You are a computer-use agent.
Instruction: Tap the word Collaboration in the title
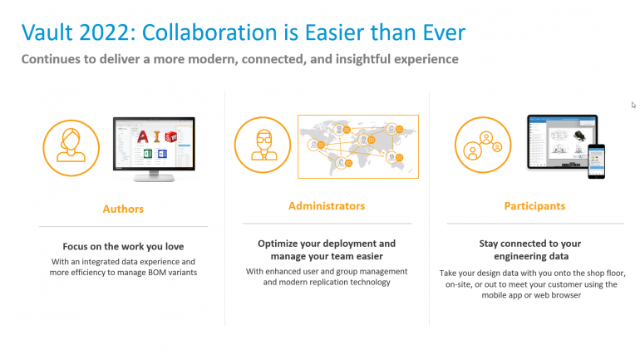click(x=209, y=32)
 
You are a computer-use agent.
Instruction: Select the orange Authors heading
click(x=123, y=209)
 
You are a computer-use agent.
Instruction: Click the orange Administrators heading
click(x=327, y=206)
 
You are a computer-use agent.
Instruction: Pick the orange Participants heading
click(x=534, y=206)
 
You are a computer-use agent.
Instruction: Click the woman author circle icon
click(x=71, y=148)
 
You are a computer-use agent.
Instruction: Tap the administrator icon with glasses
click(x=263, y=145)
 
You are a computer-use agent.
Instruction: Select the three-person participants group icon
click(x=483, y=145)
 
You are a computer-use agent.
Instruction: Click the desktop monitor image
click(x=154, y=149)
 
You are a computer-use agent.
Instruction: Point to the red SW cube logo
click(x=171, y=136)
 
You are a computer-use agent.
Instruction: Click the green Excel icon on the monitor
click(x=148, y=154)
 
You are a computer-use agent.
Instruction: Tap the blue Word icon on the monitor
click(x=162, y=154)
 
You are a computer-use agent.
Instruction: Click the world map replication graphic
click(x=358, y=146)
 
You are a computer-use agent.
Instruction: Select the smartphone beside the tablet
click(x=596, y=161)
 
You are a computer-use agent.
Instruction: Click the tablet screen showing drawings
click(x=562, y=141)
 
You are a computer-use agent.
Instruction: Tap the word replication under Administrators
click(x=329, y=283)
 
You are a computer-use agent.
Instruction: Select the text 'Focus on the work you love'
click(x=123, y=247)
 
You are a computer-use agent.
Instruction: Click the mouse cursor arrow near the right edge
click(x=633, y=105)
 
